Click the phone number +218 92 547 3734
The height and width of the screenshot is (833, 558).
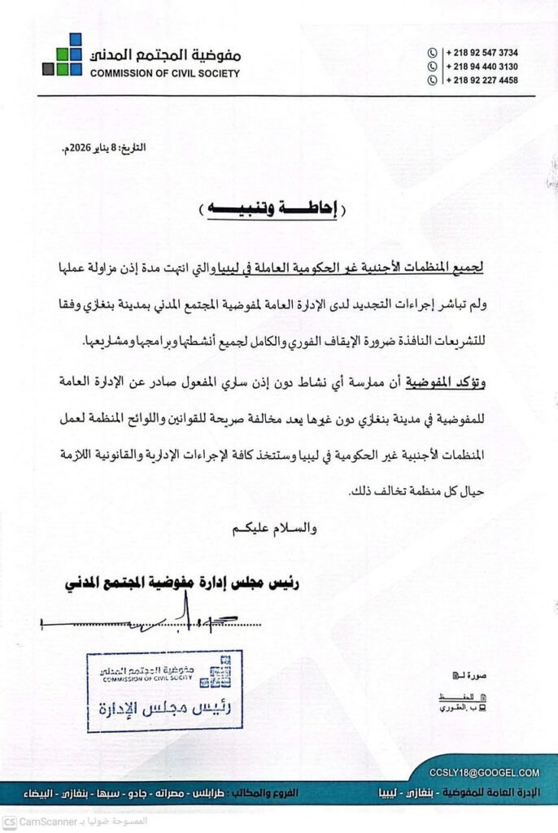pyautogui.click(x=482, y=53)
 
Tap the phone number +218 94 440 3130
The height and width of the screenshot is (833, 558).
pyautogui.click(x=482, y=67)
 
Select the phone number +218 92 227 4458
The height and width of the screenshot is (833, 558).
pyautogui.click(x=482, y=81)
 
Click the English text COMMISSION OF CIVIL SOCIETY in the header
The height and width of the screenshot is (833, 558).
pyautogui.click(x=165, y=73)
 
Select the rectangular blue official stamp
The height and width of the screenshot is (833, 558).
pyautogui.click(x=165, y=691)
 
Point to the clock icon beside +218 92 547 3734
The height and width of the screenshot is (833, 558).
pyautogui.click(x=433, y=53)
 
